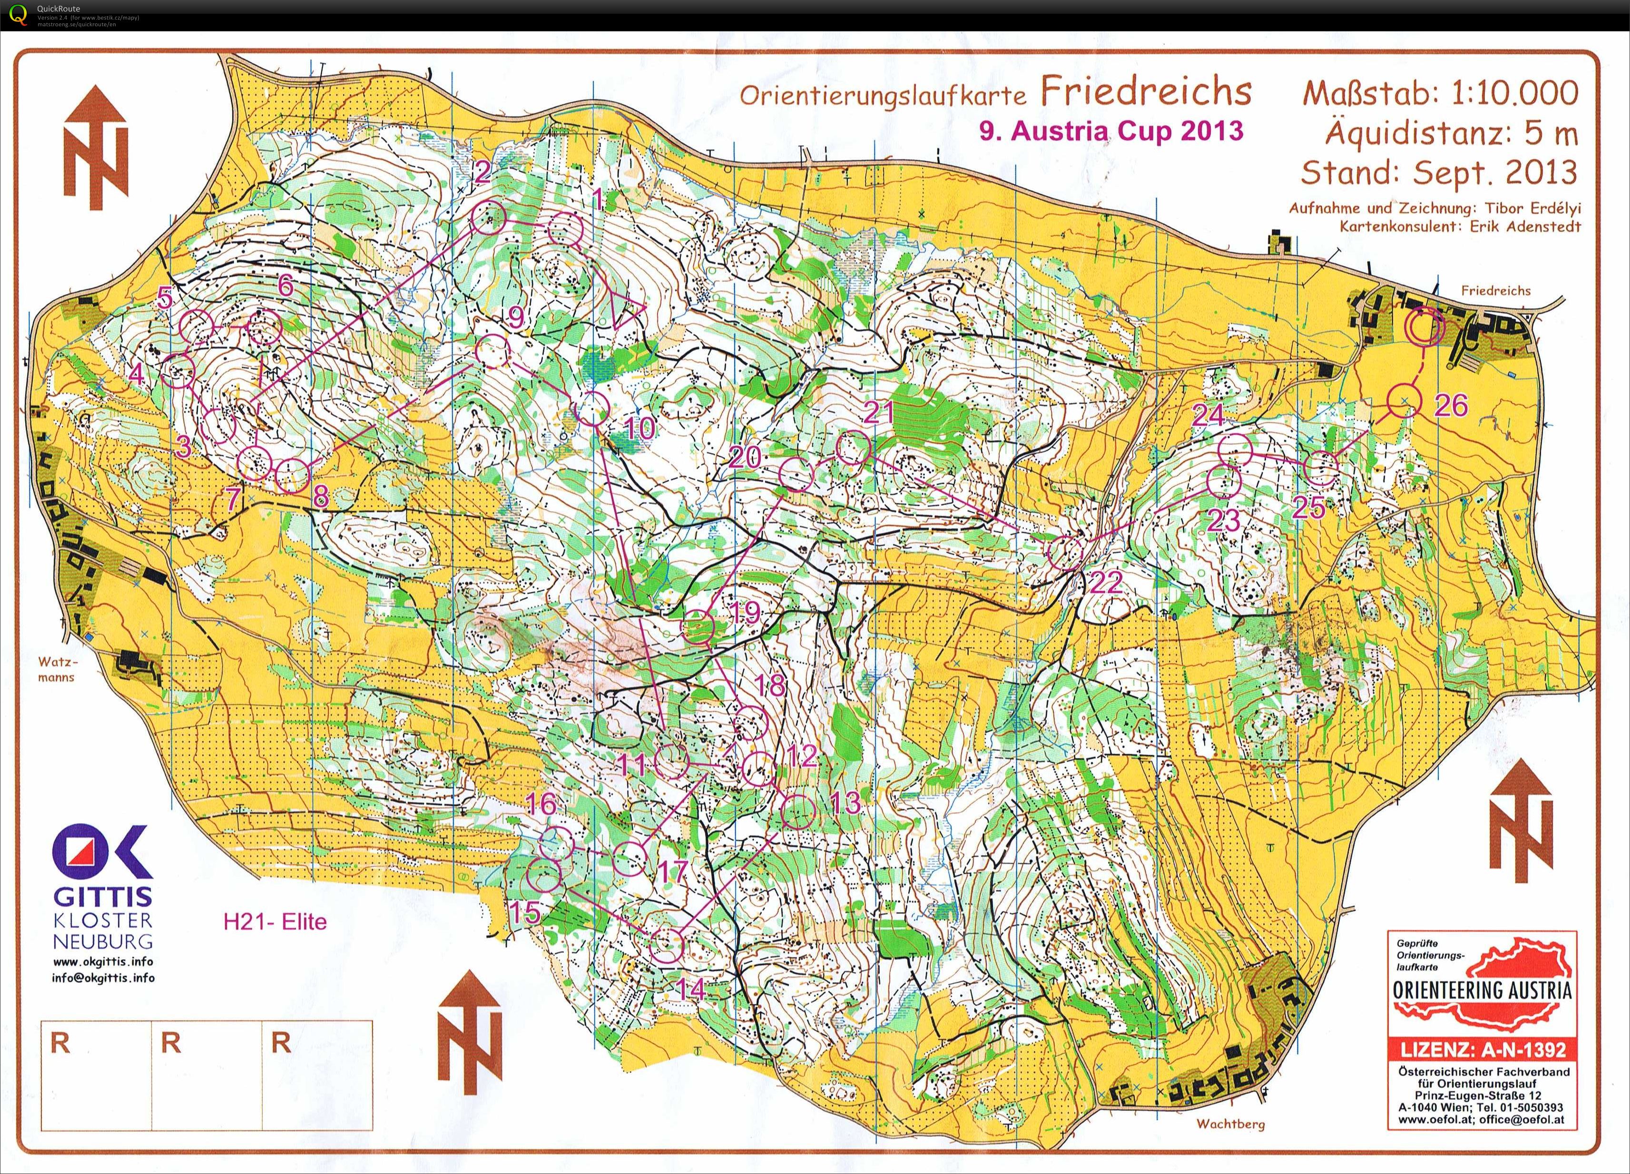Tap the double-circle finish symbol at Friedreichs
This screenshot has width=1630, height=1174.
click(1424, 327)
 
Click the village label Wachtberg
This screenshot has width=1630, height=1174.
click(1230, 1124)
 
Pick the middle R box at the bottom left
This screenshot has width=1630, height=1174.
click(207, 1075)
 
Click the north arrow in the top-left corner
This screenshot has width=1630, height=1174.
click(96, 148)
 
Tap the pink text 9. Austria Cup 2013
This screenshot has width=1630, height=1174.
click(1110, 131)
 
